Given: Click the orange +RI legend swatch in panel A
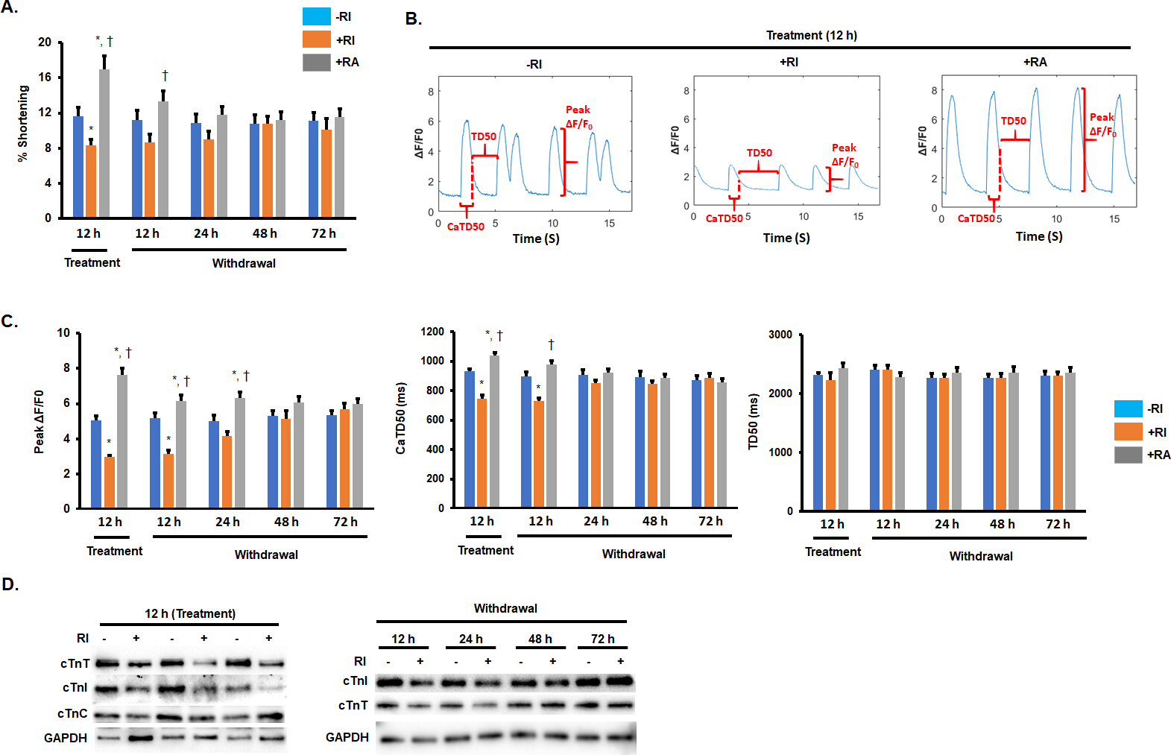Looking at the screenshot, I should pyautogui.click(x=316, y=40).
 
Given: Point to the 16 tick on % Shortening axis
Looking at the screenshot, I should pyautogui.click(x=45, y=77).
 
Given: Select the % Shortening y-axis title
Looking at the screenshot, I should pyautogui.click(x=23, y=123).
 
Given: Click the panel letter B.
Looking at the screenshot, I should pyautogui.click(x=413, y=19).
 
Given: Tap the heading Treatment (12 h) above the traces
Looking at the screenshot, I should pyautogui.click(x=811, y=35).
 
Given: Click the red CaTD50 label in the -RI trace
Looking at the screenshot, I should pyautogui.click(x=465, y=227).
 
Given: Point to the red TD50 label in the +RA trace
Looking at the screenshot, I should pyautogui.click(x=1013, y=121).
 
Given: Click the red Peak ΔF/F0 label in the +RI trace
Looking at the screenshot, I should pyautogui.click(x=845, y=154).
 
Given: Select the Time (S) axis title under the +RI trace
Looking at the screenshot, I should pyautogui.click(x=786, y=238).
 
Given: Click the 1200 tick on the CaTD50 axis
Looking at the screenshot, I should pyautogui.click(x=432, y=332).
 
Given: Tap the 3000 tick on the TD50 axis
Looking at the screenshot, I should pyautogui.click(x=780, y=335).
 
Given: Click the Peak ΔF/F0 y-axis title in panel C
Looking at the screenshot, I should pyautogui.click(x=39, y=421).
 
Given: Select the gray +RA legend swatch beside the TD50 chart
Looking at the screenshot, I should pyautogui.click(x=1128, y=455).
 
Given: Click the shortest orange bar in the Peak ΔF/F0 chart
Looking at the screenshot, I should pyautogui.click(x=110, y=482).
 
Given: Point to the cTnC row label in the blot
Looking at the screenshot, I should pyautogui.click(x=72, y=713).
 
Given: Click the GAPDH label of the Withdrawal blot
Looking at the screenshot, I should pyautogui.click(x=347, y=737).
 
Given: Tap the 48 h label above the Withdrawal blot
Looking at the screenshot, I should pyautogui.click(x=540, y=639).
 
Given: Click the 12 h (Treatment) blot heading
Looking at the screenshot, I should pyautogui.click(x=189, y=613).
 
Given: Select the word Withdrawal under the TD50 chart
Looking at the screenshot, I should pyautogui.click(x=980, y=556).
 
